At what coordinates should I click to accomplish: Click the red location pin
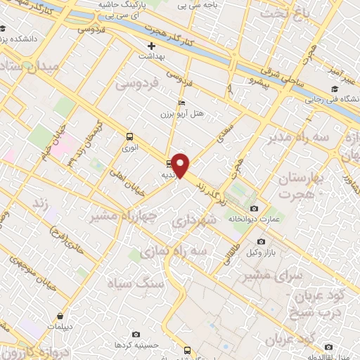pyautogui.click(x=181, y=165)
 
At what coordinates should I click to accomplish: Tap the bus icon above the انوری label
pyautogui.click(x=129, y=136)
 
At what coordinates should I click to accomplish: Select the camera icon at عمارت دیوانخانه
pyautogui.click(x=254, y=208)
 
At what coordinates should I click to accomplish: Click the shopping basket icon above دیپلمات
pyautogui.click(x=60, y=316)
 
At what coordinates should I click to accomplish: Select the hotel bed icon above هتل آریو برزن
pyautogui.click(x=182, y=103)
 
